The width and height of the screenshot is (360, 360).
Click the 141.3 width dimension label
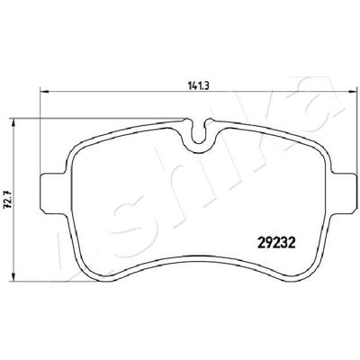198,86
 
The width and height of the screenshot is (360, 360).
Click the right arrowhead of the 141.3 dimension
354,91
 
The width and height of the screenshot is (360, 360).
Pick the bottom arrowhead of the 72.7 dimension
13,277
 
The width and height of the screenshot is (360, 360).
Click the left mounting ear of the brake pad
53,193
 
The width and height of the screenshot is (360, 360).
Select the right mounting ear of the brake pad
345,193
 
